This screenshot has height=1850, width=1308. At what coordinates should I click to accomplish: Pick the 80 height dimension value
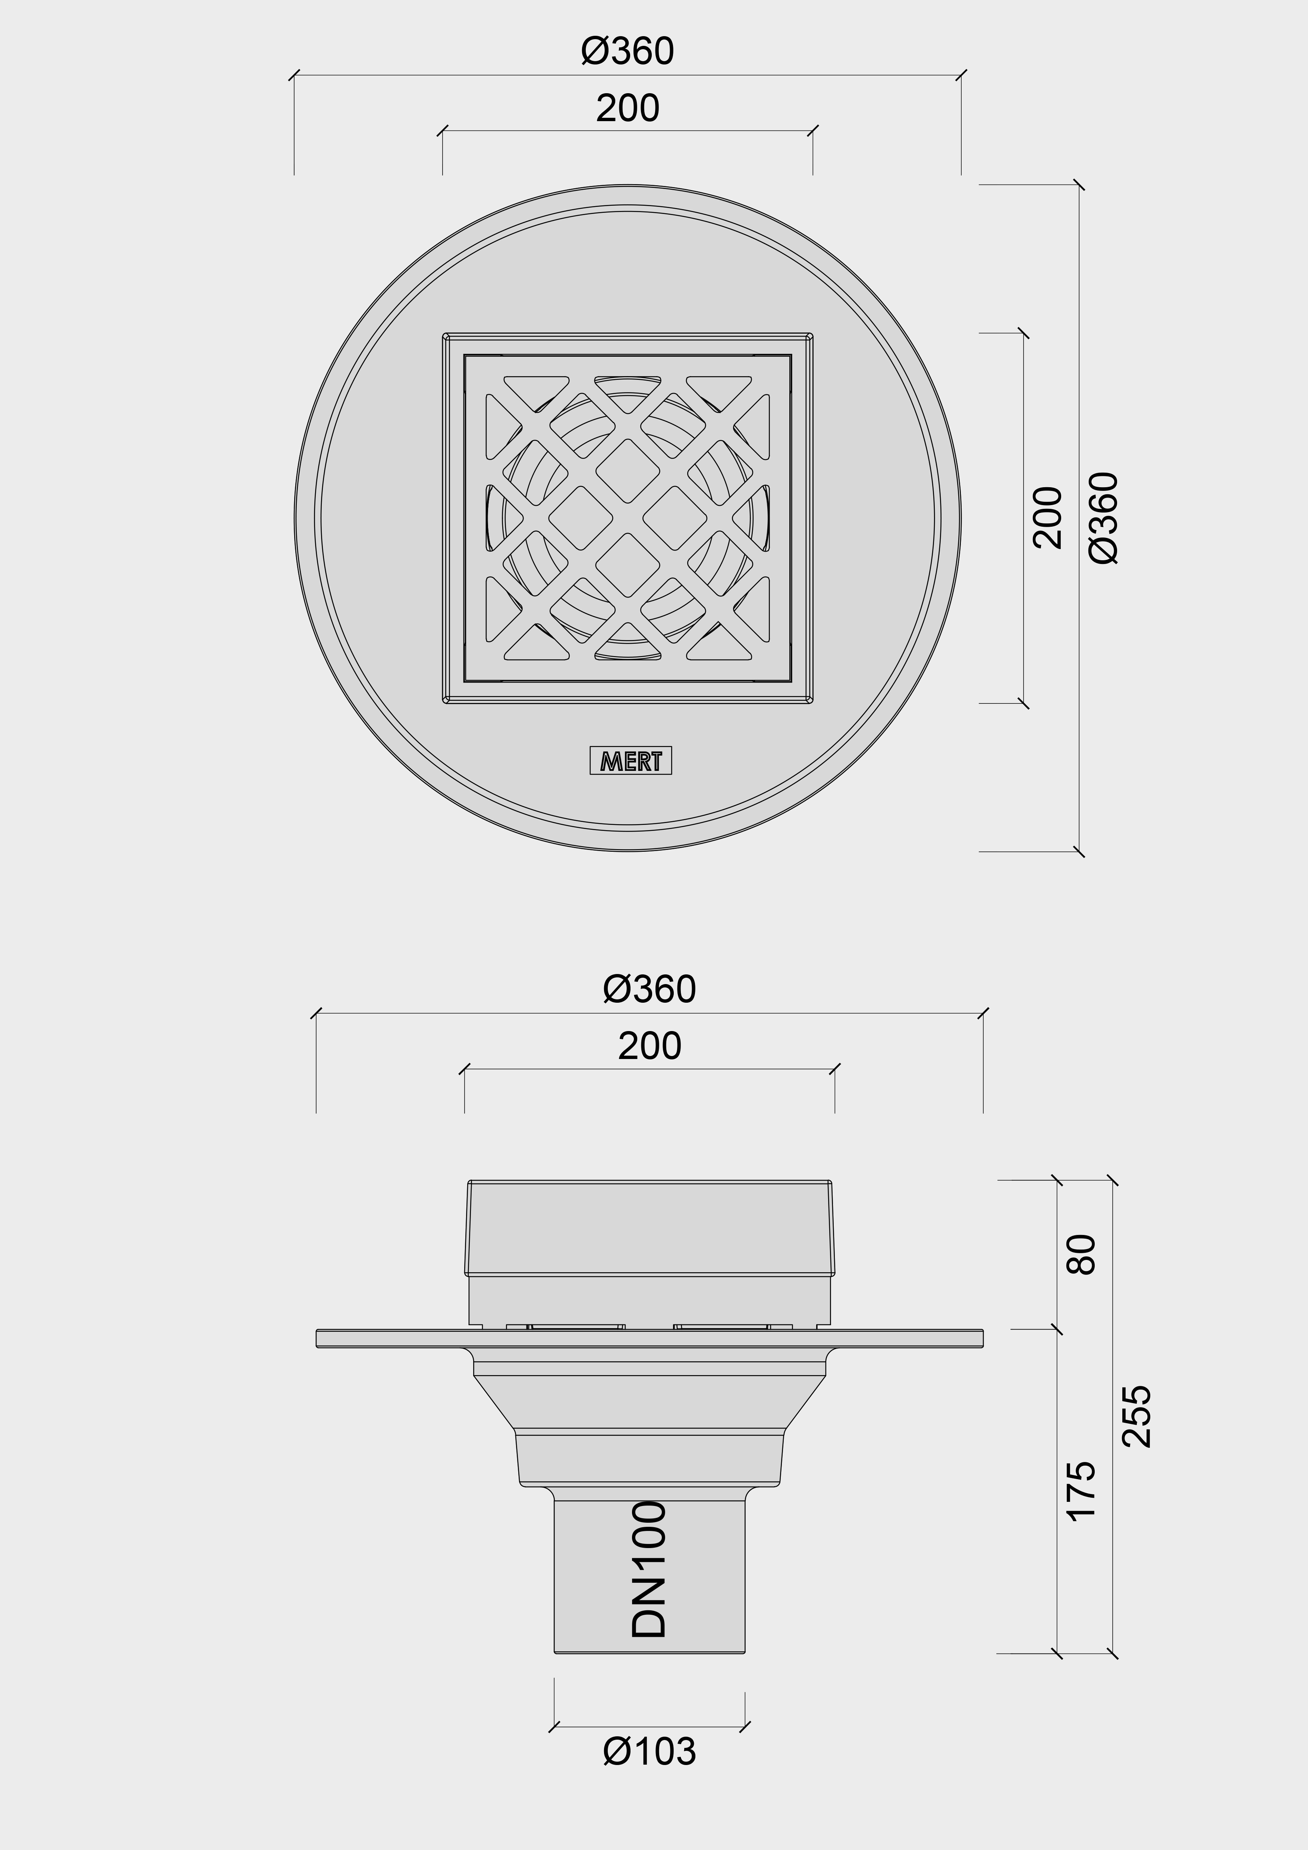[1082, 1255]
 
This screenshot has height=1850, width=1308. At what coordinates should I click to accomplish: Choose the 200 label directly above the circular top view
[628, 108]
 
